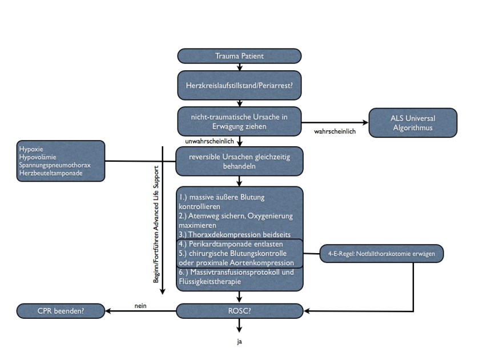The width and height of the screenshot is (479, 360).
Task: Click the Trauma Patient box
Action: (239, 56)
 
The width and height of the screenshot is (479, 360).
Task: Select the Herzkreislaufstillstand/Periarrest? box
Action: (239, 85)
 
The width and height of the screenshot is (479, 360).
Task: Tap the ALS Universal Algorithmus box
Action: (413, 123)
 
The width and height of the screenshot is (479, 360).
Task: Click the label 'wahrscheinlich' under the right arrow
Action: (335, 131)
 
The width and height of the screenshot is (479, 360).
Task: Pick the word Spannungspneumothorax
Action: (54, 165)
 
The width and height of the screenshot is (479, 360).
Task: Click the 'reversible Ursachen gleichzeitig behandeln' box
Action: (239, 161)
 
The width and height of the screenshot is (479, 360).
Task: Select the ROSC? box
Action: (239, 311)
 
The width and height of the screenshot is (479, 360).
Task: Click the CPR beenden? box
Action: (61, 311)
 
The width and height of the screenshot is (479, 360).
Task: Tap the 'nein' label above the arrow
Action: (140, 305)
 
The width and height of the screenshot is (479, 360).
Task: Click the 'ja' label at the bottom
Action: (240, 342)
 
